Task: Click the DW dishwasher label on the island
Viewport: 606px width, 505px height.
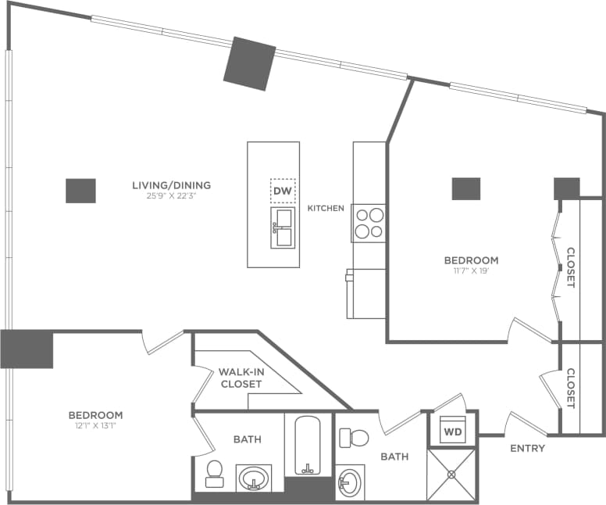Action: (283, 190)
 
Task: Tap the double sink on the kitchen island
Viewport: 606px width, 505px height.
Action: (283, 227)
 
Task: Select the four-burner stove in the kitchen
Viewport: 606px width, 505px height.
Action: (369, 221)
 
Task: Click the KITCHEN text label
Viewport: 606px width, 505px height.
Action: (326, 209)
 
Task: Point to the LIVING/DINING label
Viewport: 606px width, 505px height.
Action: (171, 185)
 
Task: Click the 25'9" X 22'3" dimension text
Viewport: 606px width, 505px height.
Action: (171, 196)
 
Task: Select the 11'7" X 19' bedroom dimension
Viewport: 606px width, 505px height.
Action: (470, 271)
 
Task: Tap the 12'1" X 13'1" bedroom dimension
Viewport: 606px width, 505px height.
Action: (95, 426)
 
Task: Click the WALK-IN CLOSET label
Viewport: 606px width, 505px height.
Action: (241, 378)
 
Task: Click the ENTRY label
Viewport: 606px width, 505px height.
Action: (527, 448)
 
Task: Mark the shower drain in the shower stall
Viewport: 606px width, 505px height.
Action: (451, 474)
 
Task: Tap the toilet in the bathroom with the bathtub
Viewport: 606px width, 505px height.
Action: (214, 472)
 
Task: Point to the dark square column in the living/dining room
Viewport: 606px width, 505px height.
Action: (80, 191)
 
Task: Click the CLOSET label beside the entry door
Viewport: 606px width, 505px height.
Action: (570, 389)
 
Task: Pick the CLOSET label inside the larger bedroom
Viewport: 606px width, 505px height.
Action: (570, 268)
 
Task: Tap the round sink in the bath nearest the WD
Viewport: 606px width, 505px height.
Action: (348, 483)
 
